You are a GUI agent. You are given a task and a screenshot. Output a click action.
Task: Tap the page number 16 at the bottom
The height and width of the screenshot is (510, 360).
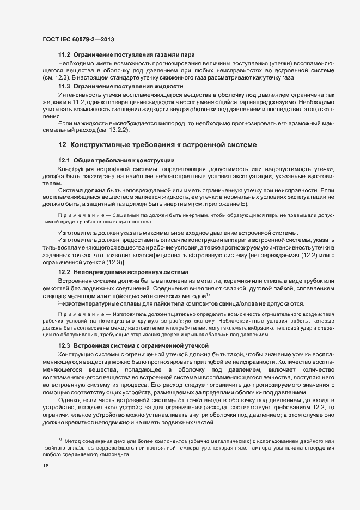(46, 465)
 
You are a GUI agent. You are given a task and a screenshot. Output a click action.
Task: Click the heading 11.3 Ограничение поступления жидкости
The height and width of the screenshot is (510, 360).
(120, 87)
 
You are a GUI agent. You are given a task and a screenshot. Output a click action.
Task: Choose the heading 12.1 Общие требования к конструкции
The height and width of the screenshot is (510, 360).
(116, 160)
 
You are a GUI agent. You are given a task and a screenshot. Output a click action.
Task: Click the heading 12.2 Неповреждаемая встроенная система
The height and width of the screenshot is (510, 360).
(123, 271)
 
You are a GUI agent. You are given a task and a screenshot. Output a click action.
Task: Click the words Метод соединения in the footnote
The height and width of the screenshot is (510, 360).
(87, 440)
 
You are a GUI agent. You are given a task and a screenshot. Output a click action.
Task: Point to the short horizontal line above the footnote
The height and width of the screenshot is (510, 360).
(60, 434)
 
